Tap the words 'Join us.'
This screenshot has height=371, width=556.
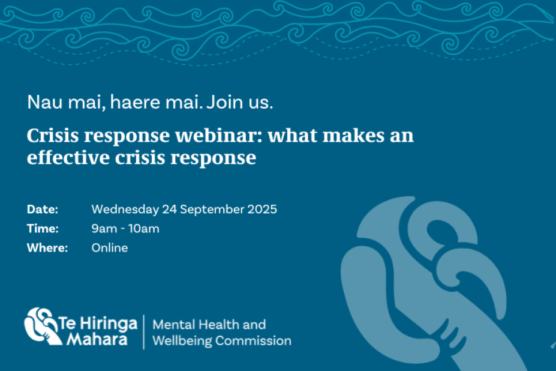[240, 102]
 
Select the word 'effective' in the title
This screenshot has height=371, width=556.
[68, 157]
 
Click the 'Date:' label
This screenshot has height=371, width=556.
[43, 209]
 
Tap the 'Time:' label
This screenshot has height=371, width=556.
[43, 228]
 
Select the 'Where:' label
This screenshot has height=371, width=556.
[47, 247]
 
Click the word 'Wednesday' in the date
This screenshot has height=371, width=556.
[125, 210]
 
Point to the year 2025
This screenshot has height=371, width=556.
[262, 209]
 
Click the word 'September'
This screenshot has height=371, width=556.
[212, 210]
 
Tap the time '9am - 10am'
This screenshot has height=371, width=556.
[125, 229]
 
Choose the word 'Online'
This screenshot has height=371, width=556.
[110, 247]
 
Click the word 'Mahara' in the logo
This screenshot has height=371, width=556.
[97, 339]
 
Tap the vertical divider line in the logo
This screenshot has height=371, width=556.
[144, 332]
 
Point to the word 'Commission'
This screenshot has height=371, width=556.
[253, 341]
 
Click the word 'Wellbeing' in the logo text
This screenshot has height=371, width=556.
[182, 341]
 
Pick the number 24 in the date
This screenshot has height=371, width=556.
[170, 209]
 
